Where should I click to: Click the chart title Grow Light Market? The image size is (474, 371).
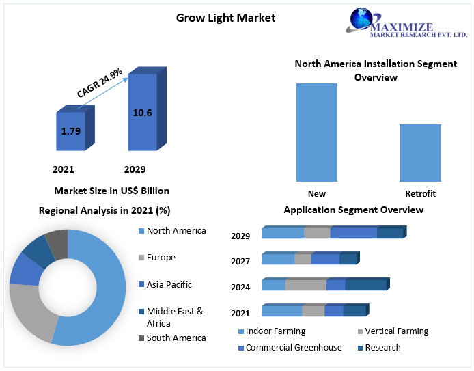[225, 18]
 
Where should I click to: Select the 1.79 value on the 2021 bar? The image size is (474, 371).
[71, 130]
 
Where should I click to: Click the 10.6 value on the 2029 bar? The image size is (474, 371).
[142, 113]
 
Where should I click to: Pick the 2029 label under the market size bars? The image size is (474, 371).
[135, 169]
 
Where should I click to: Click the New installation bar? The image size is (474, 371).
[317, 132]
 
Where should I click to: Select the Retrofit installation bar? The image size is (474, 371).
[420, 153]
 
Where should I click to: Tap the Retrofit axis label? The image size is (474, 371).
[420, 193]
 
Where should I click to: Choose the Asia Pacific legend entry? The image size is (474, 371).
[169, 284]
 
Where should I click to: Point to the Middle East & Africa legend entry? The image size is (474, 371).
[174, 317]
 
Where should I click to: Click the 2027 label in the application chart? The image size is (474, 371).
[240, 261]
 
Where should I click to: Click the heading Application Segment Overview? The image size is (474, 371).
[353, 210]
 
